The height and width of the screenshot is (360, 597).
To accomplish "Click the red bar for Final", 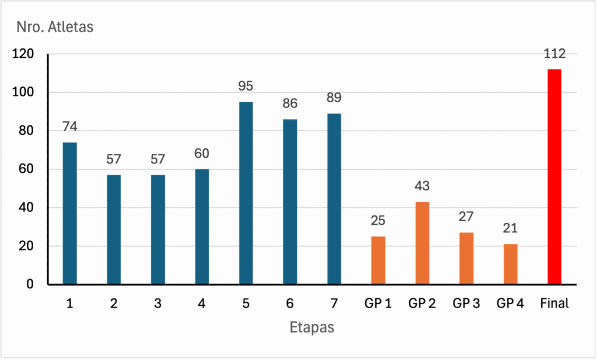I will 554,177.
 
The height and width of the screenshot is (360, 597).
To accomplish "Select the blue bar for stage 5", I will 246,193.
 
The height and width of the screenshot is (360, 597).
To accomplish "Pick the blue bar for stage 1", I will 69,214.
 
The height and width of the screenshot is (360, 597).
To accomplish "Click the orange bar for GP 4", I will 510,264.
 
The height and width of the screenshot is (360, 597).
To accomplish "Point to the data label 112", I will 554,54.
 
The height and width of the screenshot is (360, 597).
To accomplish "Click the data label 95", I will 246,86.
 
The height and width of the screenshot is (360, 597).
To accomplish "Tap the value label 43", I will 422,186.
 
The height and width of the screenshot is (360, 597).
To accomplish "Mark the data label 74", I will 69,127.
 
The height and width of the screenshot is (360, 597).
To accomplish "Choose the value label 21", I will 510,228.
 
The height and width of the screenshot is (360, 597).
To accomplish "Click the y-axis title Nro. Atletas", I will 54,27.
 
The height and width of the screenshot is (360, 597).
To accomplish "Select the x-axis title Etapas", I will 312,327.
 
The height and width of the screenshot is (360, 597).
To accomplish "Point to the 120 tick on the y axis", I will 24,54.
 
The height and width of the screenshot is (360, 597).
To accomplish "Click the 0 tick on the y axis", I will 31,285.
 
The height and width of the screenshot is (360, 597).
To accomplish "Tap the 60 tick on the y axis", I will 27,170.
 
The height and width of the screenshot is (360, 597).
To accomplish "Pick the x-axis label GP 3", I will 466,303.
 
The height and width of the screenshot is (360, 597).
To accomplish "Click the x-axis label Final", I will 554,303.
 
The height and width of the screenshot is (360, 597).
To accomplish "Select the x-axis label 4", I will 202,303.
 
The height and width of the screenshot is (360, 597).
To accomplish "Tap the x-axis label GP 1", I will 378,303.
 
